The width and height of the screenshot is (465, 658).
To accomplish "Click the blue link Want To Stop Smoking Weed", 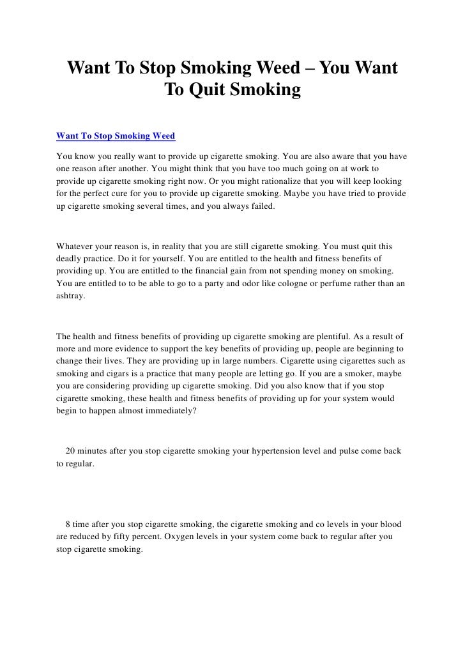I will pos(116,136).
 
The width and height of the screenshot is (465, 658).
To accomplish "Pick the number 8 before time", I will pos(68,524).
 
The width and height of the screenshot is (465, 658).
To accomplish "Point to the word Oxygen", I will pos(181,537).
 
